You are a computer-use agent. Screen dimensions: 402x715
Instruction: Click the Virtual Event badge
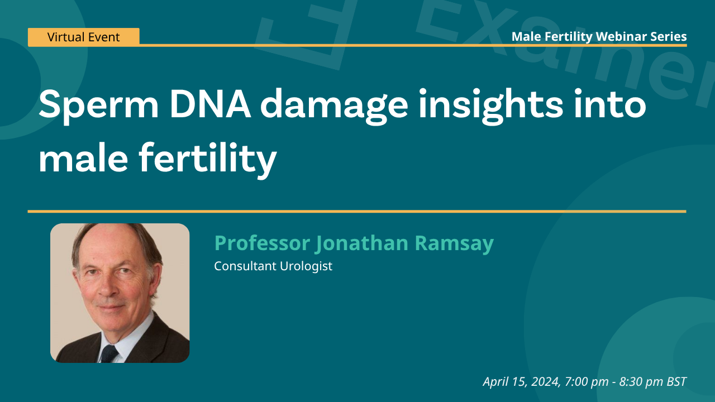[83, 37]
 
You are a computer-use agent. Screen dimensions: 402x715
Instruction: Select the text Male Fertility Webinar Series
[599, 37]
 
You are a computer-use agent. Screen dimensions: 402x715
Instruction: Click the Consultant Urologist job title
[273, 266]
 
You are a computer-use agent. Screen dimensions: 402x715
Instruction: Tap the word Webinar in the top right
[618, 37]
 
